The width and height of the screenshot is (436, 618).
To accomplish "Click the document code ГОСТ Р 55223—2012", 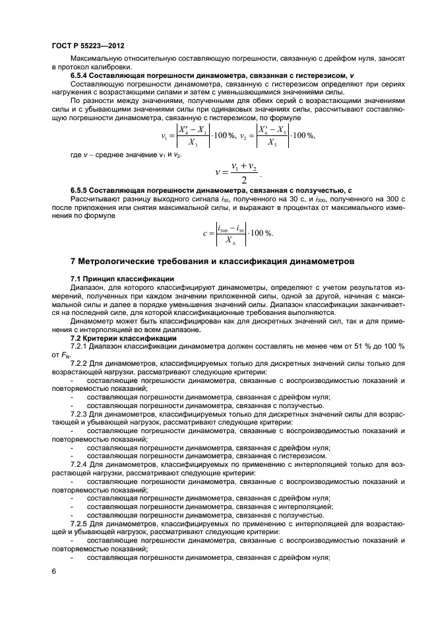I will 88,46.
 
